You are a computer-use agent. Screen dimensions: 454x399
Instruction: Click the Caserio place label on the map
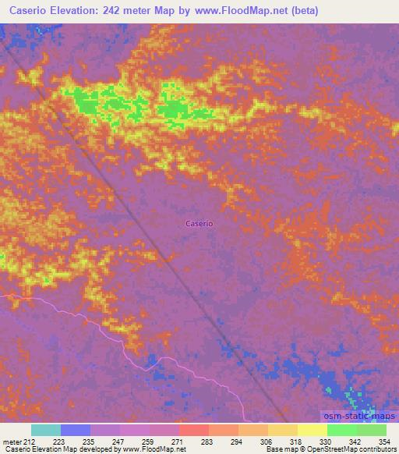click(x=199, y=224)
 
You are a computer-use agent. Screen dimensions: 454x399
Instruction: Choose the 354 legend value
click(x=385, y=441)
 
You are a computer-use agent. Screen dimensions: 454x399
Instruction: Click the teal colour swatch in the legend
click(x=46, y=430)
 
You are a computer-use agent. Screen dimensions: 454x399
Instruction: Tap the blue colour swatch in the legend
click(x=76, y=430)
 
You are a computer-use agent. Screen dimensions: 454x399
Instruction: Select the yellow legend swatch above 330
click(x=312, y=430)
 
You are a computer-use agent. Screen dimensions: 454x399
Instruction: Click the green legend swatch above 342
click(x=341, y=430)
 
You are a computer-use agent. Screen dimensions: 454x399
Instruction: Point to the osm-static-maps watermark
click(x=359, y=417)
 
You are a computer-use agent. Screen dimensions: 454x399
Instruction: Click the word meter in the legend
click(x=11, y=441)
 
